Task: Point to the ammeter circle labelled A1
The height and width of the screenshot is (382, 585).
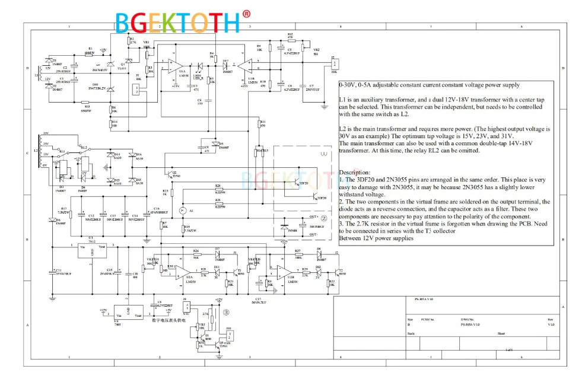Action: pos(183,211)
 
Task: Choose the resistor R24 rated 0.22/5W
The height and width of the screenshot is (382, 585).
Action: pos(220,189)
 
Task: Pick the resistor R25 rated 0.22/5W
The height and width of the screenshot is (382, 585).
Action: pos(220,203)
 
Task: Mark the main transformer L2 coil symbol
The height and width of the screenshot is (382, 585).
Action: pos(42,152)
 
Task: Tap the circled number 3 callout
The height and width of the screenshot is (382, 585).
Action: pos(226,311)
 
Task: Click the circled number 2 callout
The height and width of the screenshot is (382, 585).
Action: pos(324,218)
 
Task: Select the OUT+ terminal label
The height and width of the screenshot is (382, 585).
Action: pos(314,217)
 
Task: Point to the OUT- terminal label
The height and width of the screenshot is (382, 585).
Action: pos(314,235)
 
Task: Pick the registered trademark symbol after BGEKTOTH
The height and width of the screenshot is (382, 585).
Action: pos(246,14)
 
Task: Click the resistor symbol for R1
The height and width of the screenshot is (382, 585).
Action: pos(90,54)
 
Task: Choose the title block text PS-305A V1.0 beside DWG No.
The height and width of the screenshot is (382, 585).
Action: pos(470,324)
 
